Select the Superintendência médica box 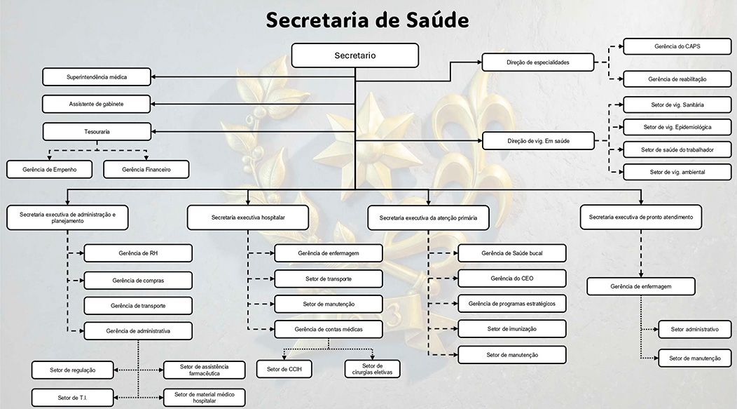point(97,76)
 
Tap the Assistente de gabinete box point(97,104)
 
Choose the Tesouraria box point(97,131)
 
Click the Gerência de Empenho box point(50,169)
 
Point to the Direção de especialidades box point(537,62)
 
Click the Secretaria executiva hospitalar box point(248,217)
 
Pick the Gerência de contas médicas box point(329,328)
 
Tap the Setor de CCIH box point(284,368)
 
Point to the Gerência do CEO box point(512,279)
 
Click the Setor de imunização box point(512,328)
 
